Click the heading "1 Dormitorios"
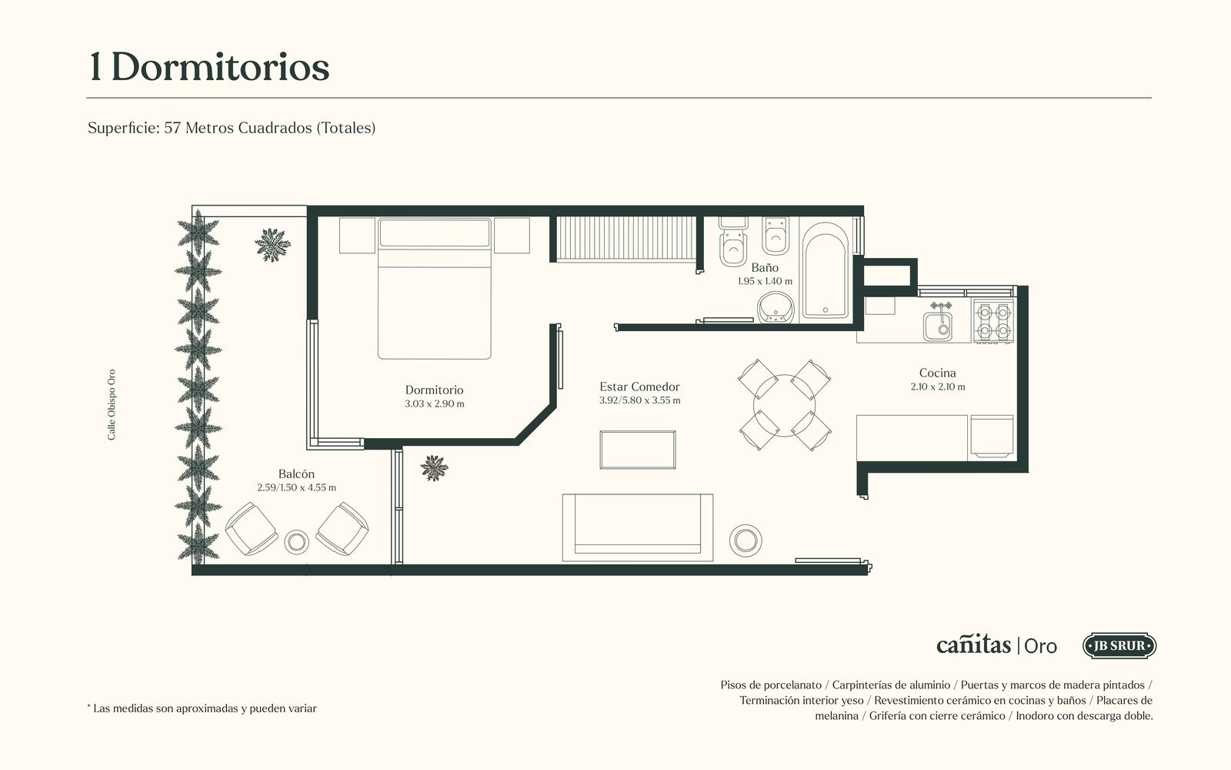[209, 68]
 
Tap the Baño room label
[765, 268]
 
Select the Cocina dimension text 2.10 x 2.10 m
[938, 387]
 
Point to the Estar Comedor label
[639, 387]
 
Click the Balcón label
[296, 474]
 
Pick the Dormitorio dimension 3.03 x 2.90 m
[434, 403]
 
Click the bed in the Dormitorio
[434, 289]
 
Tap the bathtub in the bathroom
[825, 271]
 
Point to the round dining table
[784, 405]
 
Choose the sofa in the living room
[638, 527]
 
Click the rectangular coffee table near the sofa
[638, 450]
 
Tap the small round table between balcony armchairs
[296, 542]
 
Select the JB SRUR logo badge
[1119, 646]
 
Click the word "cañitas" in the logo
[973, 644]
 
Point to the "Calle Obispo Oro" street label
[112, 405]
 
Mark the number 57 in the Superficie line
[172, 128]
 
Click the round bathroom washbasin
[776, 307]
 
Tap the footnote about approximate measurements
[202, 708]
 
